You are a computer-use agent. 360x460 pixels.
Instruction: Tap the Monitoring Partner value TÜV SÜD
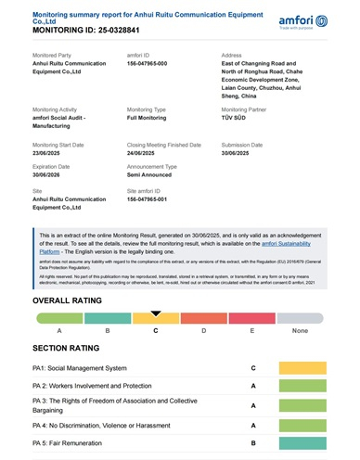click(x=239, y=117)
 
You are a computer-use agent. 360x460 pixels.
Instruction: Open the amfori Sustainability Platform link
click(x=288, y=244)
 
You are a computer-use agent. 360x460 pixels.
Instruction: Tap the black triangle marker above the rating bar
click(x=156, y=313)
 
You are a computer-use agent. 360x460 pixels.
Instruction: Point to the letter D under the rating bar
click(x=204, y=330)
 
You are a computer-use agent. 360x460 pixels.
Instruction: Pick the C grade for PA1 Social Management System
click(x=252, y=368)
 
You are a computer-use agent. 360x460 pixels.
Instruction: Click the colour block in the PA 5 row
click(x=302, y=443)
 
